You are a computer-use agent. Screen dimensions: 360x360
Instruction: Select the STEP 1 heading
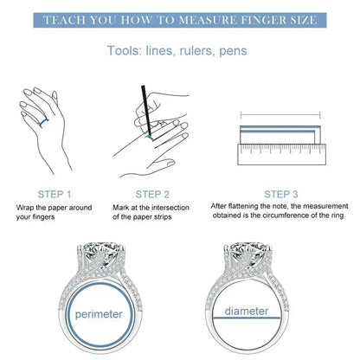(55, 195)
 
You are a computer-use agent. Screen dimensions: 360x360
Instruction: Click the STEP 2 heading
(152, 195)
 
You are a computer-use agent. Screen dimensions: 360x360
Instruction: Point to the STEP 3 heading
(281, 195)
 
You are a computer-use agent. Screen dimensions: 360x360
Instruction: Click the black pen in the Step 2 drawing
(146, 110)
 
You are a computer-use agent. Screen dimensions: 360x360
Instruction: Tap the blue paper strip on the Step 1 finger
(43, 123)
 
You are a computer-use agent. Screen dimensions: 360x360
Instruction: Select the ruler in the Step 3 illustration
(282, 154)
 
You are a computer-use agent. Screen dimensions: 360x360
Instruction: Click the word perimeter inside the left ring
(99, 314)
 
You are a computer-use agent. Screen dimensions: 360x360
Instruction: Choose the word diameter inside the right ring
(247, 311)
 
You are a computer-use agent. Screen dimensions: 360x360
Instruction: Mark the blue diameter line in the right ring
(247, 318)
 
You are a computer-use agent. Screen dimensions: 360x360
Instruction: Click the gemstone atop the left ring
(103, 252)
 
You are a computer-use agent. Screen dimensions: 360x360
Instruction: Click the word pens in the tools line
(233, 51)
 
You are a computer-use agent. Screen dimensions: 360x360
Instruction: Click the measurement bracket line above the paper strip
(280, 115)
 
